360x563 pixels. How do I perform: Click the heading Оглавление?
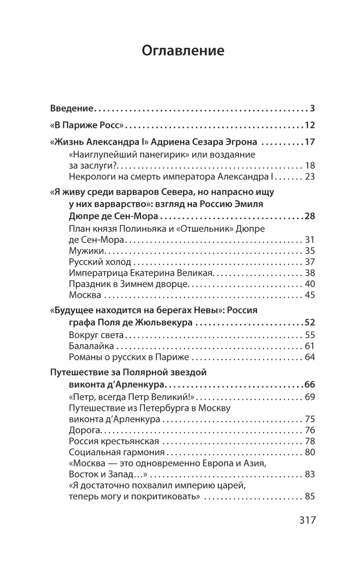[x=183, y=51]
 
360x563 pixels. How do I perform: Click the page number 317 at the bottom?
[x=307, y=520]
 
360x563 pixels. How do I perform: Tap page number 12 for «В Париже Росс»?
[x=310, y=125]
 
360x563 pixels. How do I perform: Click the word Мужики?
[x=86, y=251]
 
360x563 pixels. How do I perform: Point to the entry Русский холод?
[x=100, y=262]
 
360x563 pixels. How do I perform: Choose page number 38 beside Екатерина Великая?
[x=310, y=273]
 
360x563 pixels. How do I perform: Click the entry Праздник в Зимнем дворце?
[x=128, y=284]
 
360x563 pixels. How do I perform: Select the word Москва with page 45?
[x=85, y=295]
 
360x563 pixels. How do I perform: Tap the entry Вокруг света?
[x=96, y=335]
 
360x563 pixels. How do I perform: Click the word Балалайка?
[x=91, y=346]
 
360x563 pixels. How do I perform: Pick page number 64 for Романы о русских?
[x=310, y=357]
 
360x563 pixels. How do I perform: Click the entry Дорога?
[x=84, y=430]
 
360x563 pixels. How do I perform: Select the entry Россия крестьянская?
[x=114, y=441]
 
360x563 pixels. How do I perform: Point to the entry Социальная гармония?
[x=117, y=452]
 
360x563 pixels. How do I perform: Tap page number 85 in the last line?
[x=310, y=496]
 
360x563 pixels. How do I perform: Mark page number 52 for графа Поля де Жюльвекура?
[x=310, y=322]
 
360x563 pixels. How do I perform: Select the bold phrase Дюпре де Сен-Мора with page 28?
[x=113, y=216]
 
